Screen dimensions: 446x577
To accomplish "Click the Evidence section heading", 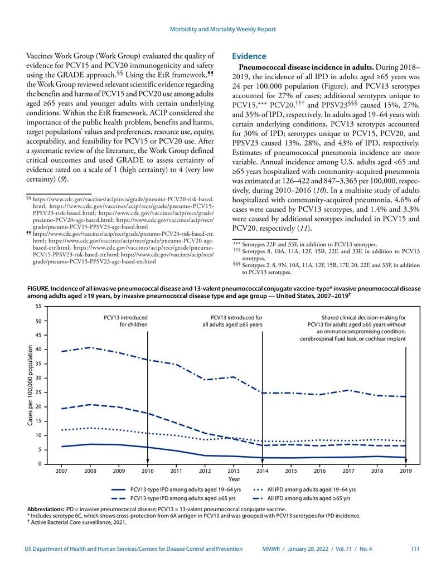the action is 249,56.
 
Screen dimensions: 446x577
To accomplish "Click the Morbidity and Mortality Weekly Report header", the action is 222,29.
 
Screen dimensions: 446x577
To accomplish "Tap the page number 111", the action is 415,549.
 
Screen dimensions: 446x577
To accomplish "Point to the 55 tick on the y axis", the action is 38,306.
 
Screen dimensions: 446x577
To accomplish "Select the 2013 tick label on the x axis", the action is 233,471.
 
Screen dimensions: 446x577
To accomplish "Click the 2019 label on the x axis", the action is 405,471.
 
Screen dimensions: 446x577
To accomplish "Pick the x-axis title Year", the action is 234,479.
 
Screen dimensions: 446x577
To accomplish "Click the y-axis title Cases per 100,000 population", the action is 30,385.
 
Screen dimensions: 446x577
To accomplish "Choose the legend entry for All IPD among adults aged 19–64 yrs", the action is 304,489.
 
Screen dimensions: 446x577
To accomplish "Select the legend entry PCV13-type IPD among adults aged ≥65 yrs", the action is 173,498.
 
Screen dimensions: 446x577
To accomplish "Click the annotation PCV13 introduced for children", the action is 125,321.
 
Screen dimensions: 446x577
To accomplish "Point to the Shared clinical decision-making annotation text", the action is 353,328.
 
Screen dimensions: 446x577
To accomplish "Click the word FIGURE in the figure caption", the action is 38,289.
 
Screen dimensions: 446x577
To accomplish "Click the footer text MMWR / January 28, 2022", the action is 295,549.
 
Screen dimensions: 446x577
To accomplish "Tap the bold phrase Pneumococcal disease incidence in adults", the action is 306,67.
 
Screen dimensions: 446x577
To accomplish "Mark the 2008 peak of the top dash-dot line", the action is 90,347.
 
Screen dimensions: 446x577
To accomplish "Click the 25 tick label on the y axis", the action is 38,392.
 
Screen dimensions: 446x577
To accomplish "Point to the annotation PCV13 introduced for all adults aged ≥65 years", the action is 232,321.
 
